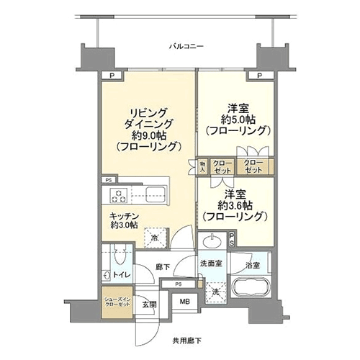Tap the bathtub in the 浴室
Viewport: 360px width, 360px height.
click(x=251, y=289)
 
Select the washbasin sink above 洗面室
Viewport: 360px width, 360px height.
click(x=212, y=241)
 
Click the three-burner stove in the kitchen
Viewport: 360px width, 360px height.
click(x=118, y=196)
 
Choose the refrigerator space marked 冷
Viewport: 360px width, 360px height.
click(x=155, y=238)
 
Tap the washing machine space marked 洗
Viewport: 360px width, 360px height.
click(x=216, y=292)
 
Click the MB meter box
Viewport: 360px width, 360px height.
click(x=184, y=302)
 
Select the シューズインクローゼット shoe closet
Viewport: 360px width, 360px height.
click(x=117, y=302)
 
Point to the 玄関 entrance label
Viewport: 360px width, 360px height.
click(x=149, y=305)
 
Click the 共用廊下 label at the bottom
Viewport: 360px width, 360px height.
click(x=186, y=341)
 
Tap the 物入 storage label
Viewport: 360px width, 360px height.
click(x=203, y=167)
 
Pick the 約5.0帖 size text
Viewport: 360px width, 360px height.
click(x=238, y=120)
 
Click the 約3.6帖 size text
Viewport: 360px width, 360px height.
click(x=235, y=205)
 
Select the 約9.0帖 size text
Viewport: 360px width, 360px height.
click(x=149, y=136)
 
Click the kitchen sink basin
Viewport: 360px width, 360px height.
click(x=156, y=195)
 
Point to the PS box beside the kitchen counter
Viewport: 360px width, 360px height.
click(x=109, y=180)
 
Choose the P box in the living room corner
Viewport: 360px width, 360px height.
click(x=112, y=76)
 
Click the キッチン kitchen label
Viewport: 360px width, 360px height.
click(x=124, y=216)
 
